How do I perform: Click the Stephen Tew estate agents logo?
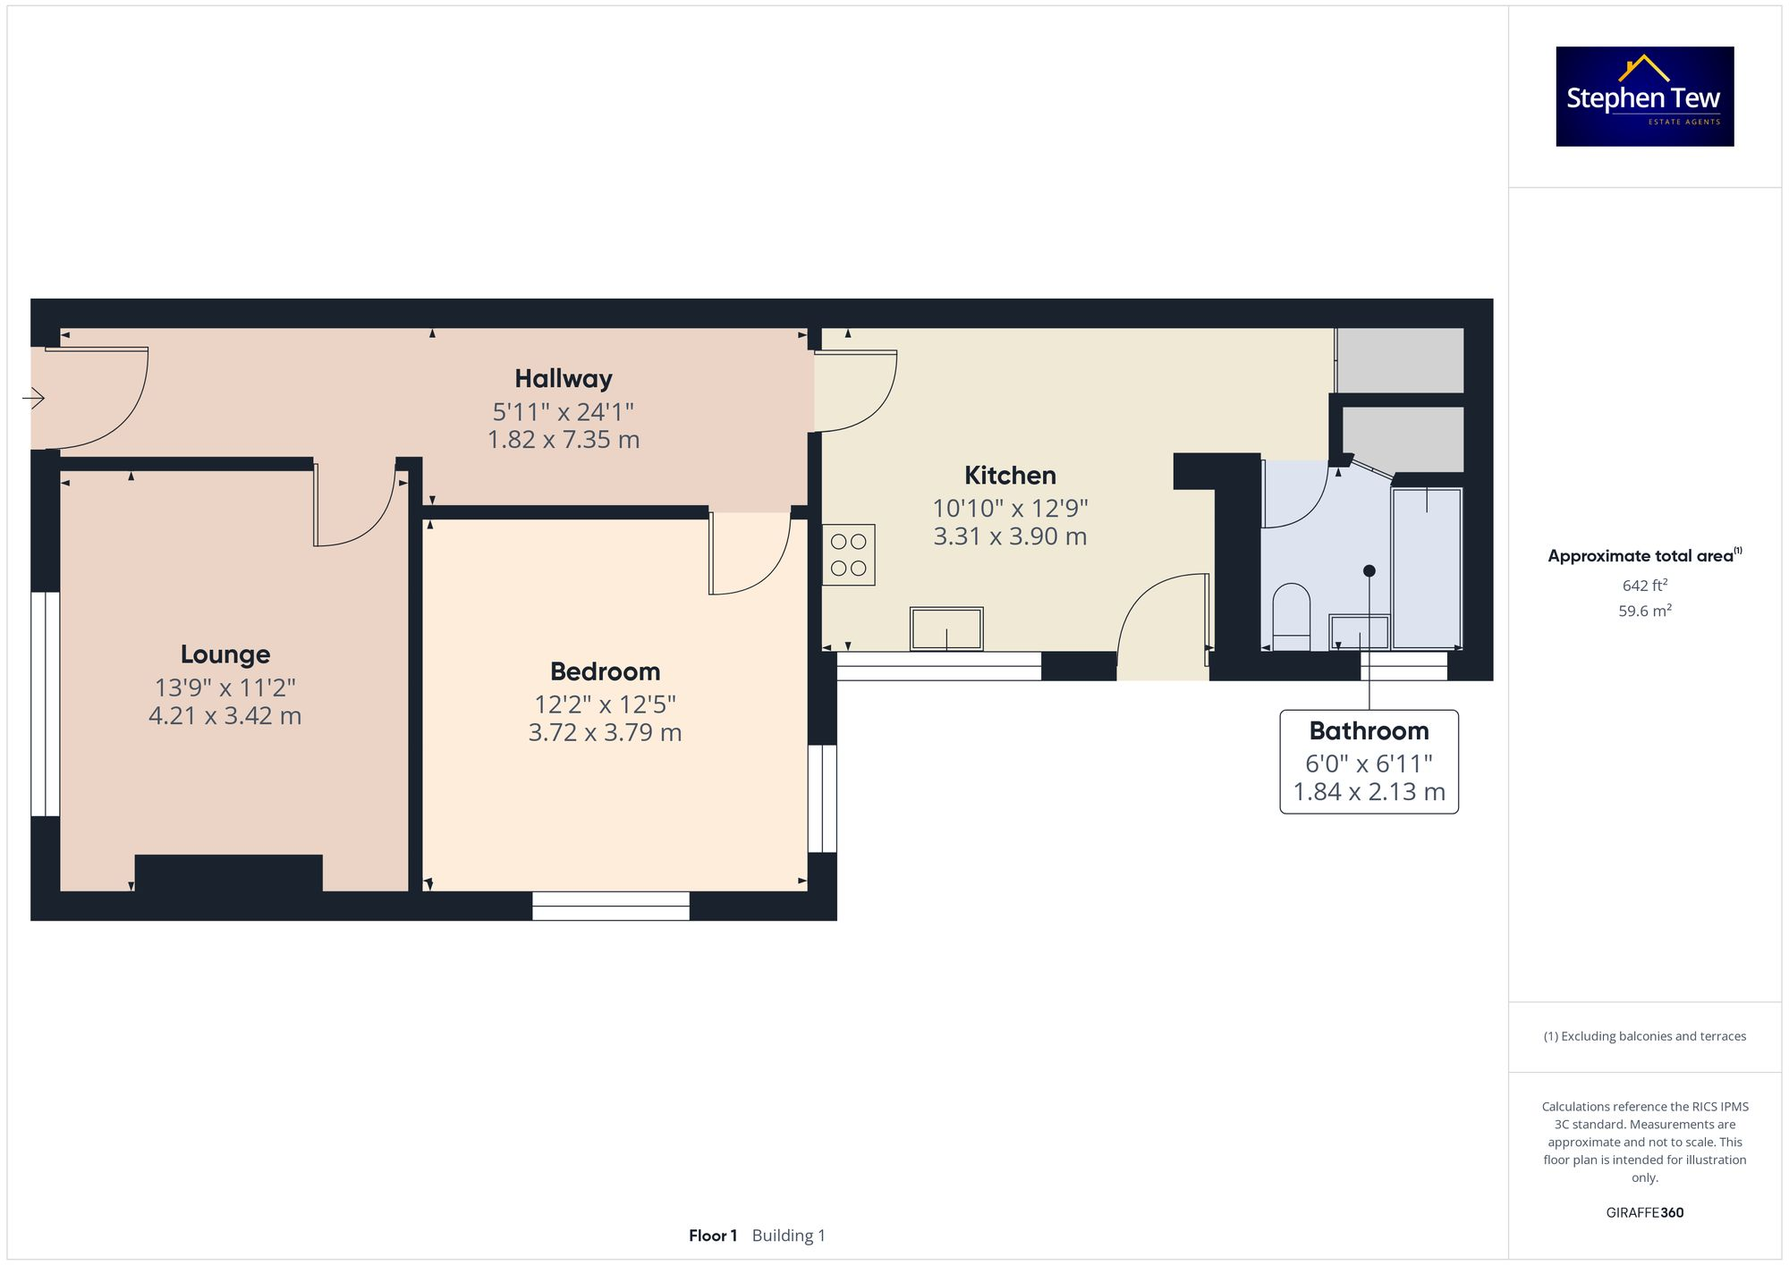tap(1644, 97)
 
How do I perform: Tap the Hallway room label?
tap(563, 379)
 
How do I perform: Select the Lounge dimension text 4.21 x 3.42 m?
tap(225, 716)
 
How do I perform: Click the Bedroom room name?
tap(605, 671)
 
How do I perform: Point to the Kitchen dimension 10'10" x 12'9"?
tap(1010, 509)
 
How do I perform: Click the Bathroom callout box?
tap(1369, 762)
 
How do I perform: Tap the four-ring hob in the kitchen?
tap(848, 555)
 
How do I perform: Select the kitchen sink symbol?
tap(946, 628)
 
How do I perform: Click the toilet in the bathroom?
tap(1291, 615)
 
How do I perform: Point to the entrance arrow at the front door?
tap(34, 398)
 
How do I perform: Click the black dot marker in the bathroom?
tap(1369, 570)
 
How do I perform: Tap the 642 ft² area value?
tap(1644, 586)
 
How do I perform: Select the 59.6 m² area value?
tap(1644, 611)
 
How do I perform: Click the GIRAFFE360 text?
tap(1644, 1213)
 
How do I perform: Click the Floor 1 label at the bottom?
tap(712, 1235)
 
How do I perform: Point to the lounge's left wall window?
tap(45, 704)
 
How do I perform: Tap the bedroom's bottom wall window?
tap(611, 906)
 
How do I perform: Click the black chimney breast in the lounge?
tap(228, 873)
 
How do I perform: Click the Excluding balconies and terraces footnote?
tap(1644, 1036)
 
